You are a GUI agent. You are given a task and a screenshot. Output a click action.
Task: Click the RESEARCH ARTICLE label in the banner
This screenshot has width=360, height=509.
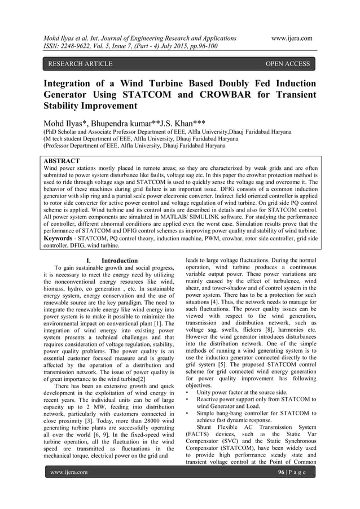pos(80,64)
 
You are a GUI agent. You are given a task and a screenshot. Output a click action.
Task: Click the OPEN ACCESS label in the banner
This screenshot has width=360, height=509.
pos(287,64)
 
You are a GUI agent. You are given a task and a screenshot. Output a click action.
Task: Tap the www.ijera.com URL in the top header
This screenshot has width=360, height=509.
pos(292,38)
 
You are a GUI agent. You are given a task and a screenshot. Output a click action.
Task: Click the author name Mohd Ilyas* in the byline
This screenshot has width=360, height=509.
pos(66,122)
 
